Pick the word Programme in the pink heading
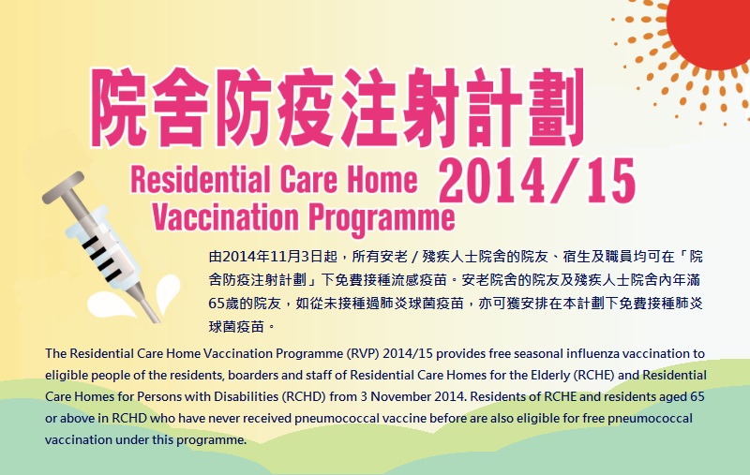pyautogui.click(x=376, y=217)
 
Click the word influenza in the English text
pyautogui.click(x=583, y=353)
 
